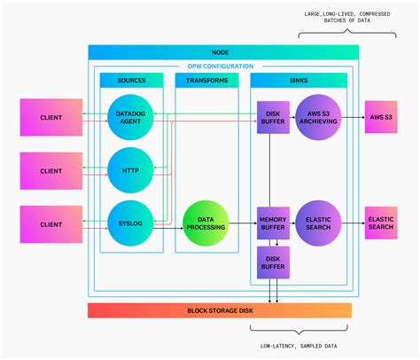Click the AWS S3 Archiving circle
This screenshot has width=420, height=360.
318,117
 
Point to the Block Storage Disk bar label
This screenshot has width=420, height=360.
219,310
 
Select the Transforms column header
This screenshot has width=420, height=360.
206,81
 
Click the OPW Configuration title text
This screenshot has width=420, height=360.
220,67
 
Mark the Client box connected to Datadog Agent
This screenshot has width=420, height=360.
50,117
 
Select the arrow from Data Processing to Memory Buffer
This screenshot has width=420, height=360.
241,225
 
